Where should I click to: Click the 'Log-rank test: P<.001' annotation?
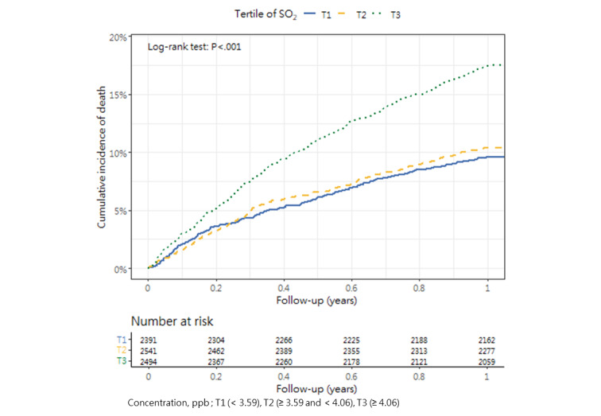(194, 47)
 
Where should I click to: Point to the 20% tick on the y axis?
(118, 37)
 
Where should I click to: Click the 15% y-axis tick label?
(118, 95)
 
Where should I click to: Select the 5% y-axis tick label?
(121, 211)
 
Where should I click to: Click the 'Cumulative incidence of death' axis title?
(102, 153)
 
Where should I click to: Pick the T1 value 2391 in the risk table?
(148, 340)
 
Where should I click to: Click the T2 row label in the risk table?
(121, 350)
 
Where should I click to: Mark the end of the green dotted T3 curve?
(503, 65)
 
